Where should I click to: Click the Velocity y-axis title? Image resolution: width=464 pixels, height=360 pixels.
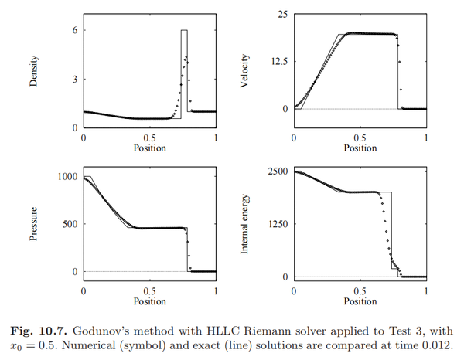(x=245, y=70)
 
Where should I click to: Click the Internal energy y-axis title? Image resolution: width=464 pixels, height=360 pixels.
(x=245, y=223)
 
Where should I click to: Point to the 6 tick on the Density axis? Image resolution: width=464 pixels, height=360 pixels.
(x=74, y=30)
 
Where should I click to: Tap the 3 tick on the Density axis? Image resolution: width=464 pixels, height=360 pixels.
(x=74, y=79)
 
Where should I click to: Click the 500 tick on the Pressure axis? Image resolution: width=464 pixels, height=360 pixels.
(x=70, y=224)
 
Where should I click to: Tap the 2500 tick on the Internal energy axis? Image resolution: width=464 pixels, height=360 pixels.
(x=278, y=171)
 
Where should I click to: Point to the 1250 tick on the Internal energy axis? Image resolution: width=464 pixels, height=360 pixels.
(x=278, y=224)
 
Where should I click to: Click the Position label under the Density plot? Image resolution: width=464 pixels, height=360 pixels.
(x=149, y=148)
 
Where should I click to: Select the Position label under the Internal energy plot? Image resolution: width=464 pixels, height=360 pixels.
(x=360, y=301)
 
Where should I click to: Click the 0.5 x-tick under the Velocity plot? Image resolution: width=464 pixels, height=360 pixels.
(x=360, y=137)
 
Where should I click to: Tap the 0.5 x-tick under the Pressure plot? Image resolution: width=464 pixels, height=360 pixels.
(x=149, y=290)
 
